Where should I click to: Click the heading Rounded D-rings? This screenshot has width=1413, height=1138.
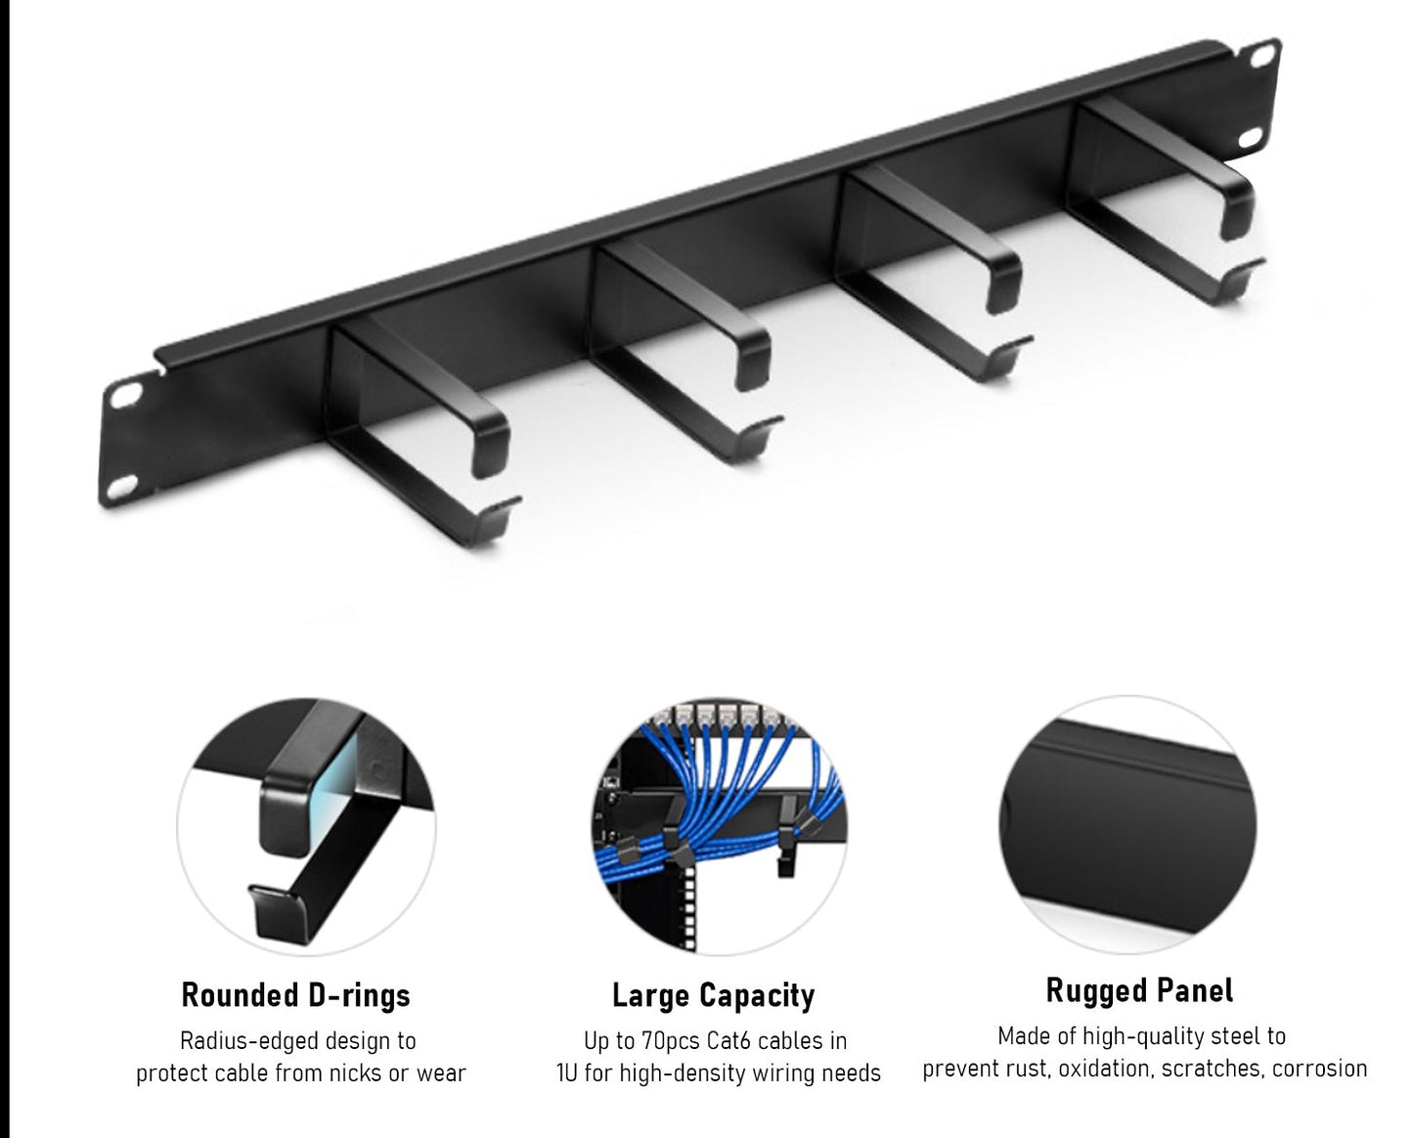click(295, 995)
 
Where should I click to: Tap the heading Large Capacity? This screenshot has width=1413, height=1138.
click(714, 996)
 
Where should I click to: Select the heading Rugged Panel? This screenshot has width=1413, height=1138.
click(1140, 991)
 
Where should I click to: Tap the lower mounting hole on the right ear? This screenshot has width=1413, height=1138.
click(1252, 137)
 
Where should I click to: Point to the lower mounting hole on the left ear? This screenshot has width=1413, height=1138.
click(123, 486)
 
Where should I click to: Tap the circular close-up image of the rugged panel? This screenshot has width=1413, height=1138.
click(1128, 824)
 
